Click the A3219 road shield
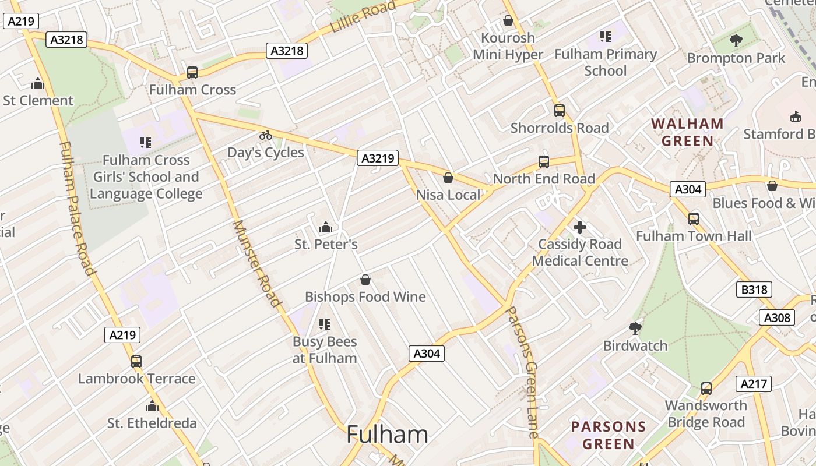point(377,158)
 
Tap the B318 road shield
point(754,290)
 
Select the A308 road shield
point(777,317)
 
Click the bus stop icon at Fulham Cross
point(192,73)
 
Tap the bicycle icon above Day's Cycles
point(266,135)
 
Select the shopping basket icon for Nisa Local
point(448,178)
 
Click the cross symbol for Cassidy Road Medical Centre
point(580,227)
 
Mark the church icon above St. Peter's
point(326,227)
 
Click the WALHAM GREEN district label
point(688,132)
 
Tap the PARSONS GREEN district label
point(609,435)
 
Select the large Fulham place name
point(387,435)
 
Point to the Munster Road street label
point(256,263)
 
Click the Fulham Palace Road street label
point(78,208)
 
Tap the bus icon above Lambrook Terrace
point(136,362)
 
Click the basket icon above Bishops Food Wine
point(365,280)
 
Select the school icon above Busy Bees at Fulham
point(325,324)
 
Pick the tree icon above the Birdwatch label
point(635,329)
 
